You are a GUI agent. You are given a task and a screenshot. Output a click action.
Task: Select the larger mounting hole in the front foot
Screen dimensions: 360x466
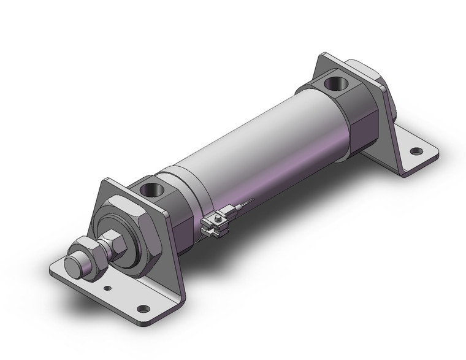pos(143,308)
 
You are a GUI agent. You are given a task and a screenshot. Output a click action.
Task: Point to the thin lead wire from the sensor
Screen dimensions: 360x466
pos(245,203)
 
